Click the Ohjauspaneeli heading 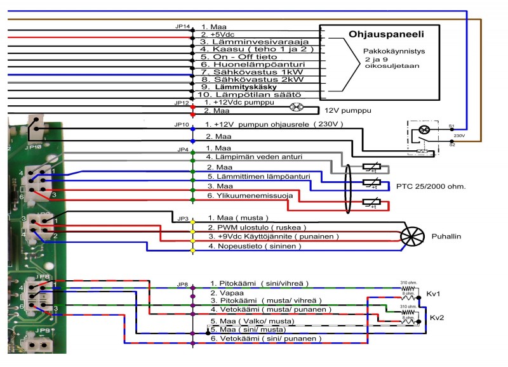[x=386, y=34]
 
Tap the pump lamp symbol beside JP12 [x=294, y=107]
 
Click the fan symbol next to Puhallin [x=413, y=238]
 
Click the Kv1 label [x=434, y=295]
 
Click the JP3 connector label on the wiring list [x=182, y=218]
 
